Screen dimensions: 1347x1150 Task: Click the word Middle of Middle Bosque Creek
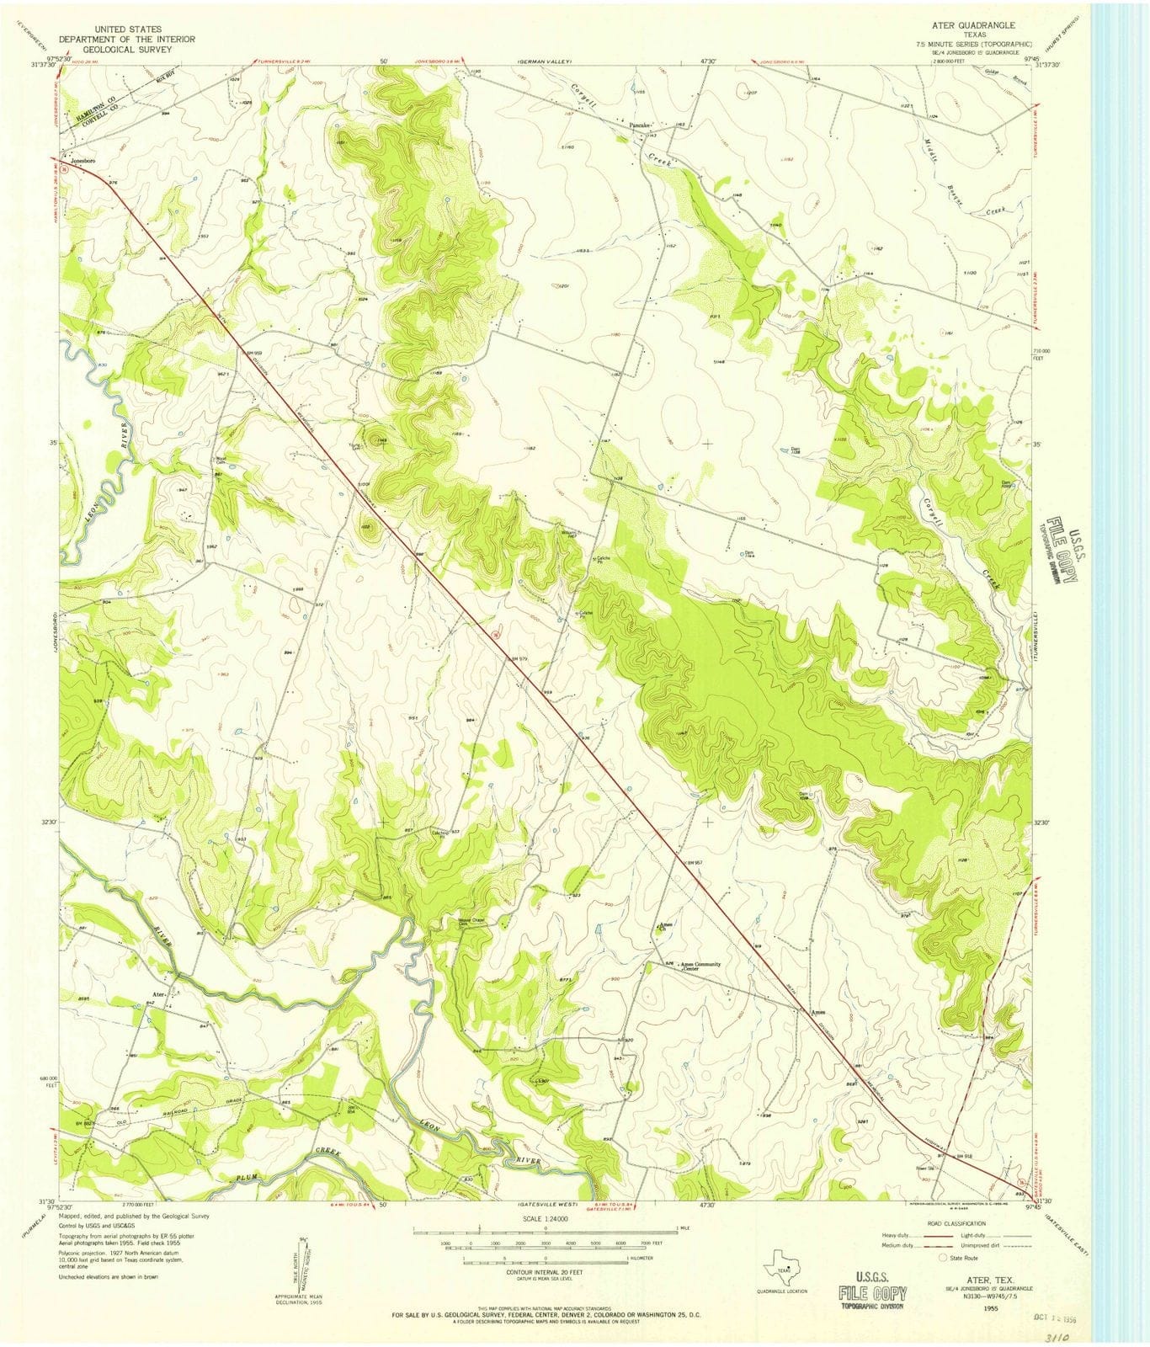tap(934, 151)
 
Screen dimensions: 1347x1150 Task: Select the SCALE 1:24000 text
tap(545, 1218)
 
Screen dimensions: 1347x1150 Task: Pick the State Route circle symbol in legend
tap(944, 1257)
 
